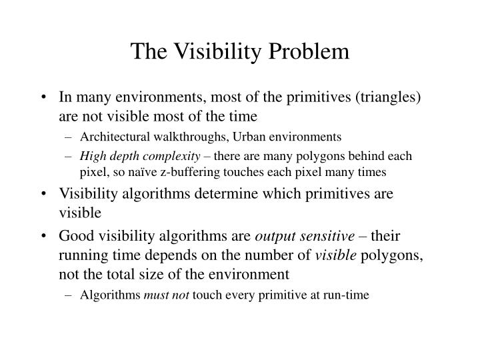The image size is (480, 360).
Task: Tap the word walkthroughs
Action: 185,137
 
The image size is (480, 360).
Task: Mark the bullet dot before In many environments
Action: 44,98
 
